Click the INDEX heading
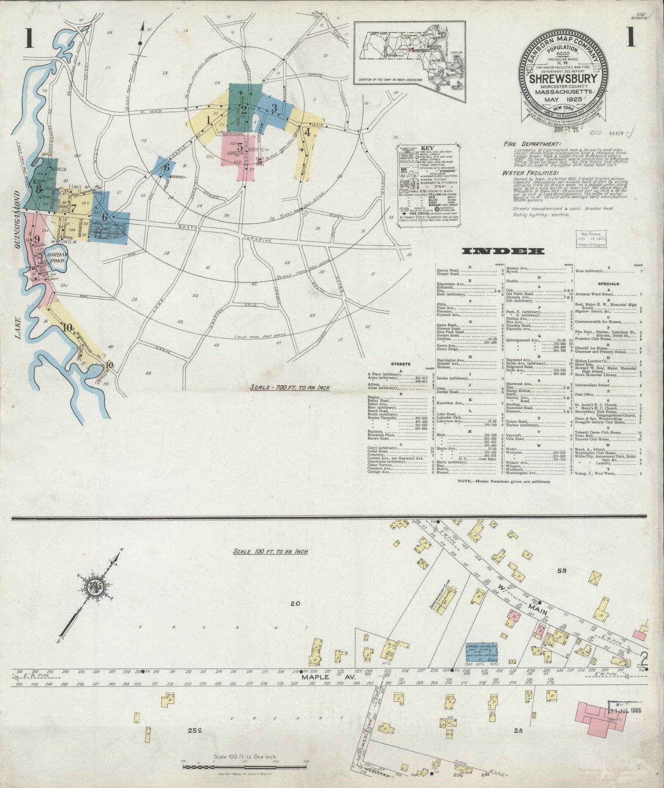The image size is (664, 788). point(503,251)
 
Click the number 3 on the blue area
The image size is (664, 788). point(274,108)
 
